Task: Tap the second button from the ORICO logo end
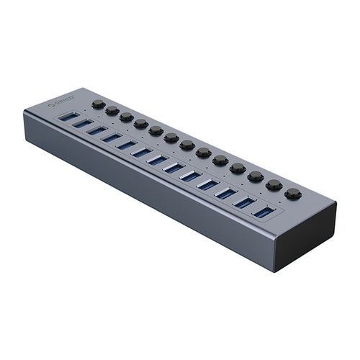[x=112, y=110]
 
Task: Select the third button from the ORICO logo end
[x=126, y=117]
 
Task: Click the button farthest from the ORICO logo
[x=292, y=193]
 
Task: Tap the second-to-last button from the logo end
[x=274, y=185]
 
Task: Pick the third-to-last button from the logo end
[x=256, y=176]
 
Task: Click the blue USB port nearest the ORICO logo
[x=69, y=116]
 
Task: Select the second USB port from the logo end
[x=83, y=123]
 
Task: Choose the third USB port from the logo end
[x=97, y=130]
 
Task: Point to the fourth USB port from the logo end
[x=112, y=137]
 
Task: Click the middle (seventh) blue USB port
[x=157, y=159]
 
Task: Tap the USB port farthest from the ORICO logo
[x=264, y=212]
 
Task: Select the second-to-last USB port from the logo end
[x=245, y=202]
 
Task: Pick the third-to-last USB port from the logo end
[x=226, y=193]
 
